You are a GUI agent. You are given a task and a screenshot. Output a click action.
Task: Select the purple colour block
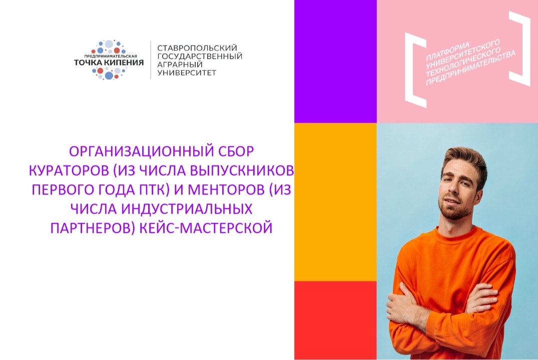[335, 61]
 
